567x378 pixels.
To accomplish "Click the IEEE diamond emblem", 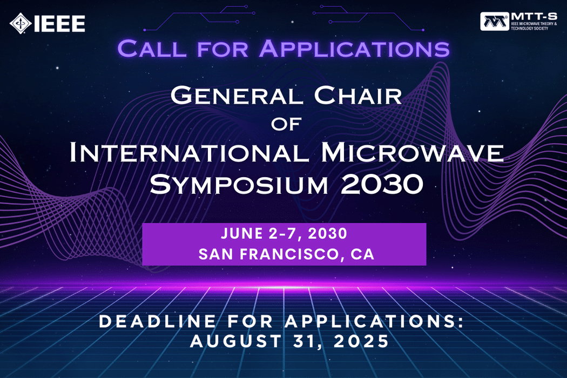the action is click(x=21, y=24).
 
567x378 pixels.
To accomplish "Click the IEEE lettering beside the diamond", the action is click(x=59, y=24).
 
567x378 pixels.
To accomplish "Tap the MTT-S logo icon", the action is click(x=494, y=22).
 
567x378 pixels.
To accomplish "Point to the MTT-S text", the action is click(x=534, y=17).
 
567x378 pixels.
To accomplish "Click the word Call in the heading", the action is click(x=152, y=49).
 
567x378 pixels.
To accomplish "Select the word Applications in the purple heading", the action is click(x=354, y=49).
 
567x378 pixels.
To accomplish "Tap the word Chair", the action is click(x=358, y=96).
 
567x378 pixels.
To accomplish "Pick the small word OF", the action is click(x=286, y=124).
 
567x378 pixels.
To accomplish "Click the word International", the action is click(x=189, y=152).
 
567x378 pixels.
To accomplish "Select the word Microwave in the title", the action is click(x=412, y=152).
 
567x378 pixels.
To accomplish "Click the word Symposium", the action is click(x=239, y=184).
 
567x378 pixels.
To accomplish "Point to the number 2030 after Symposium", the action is click(x=382, y=184).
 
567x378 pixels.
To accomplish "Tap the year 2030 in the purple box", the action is click(x=328, y=233).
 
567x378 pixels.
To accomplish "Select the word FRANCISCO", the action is click(x=291, y=254).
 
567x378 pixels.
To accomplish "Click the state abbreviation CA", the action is click(x=362, y=254).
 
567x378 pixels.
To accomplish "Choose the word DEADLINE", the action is click(x=157, y=322).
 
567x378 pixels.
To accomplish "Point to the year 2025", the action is click(x=361, y=341).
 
